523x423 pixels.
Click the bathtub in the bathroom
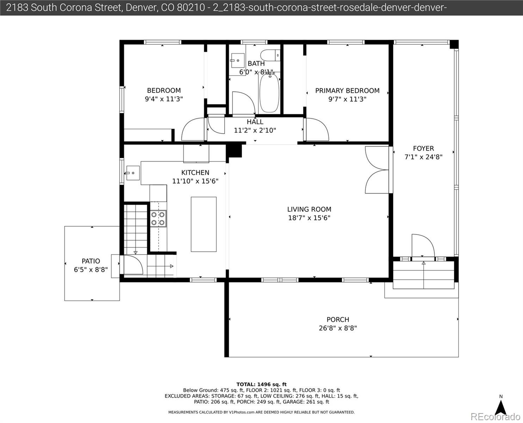(x=269, y=93)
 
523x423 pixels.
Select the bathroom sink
(x=238, y=60)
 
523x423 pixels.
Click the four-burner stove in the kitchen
(x=158, y=219)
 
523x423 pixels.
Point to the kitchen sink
(x=133, y=173)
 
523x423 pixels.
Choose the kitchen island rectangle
(x=204, y=224)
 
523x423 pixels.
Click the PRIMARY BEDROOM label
(x=347, y=91)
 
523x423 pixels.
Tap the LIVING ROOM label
(x=309, y=209)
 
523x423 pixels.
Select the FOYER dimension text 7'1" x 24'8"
(x=423, y=157)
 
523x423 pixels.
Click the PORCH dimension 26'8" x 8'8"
(x=338, y=328)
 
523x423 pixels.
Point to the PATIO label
(x=91, y=261)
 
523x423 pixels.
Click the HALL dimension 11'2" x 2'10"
(x=255, y=130)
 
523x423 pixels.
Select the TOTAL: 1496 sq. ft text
(x=261, y=385)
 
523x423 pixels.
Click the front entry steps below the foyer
(x=424, y=275)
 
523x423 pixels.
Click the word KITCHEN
(x=195, y=173)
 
